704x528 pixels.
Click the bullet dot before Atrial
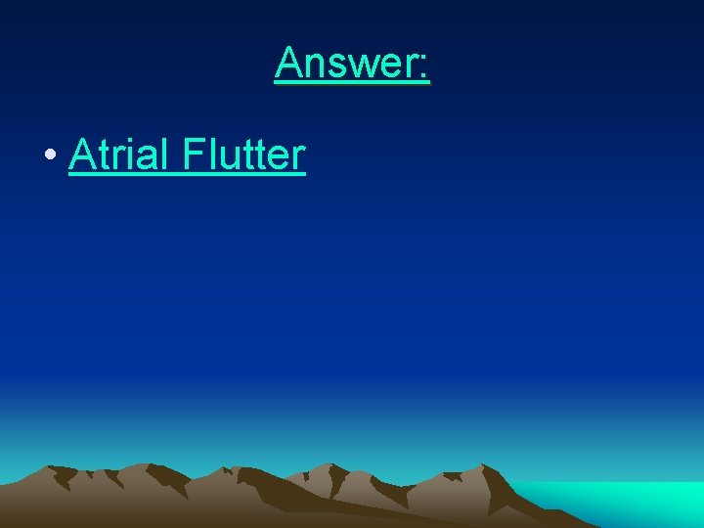pyautogui.click(x=48, y=157)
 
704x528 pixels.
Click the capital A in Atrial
pyautogui.click(x=81, y=154)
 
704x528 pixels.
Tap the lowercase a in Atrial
pyautogui.click(x=149, y=158)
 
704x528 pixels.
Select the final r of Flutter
pyautogui.click(x=298, y=158)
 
